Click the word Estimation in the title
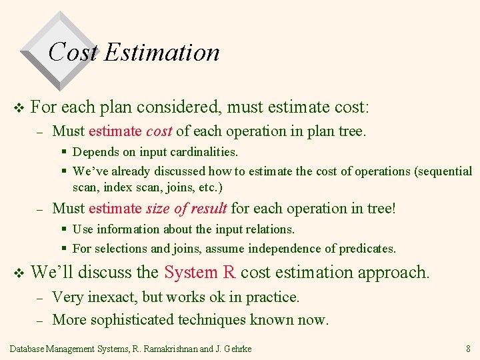[x=161, y=52]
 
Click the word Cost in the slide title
[x=73, y=52]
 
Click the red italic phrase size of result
[x=187, y=209]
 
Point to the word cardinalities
[x=203, y=152]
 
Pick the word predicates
[x=367, y=249]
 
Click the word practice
[x=273, y=297]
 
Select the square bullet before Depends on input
[x=64, y=153]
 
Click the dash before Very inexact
[x=39, y=297]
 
